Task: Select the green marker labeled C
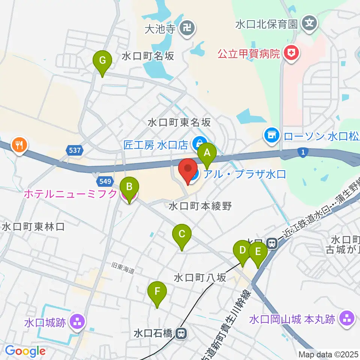pos(182,235)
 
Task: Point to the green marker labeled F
pos(157,291)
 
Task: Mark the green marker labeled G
pos(102,60)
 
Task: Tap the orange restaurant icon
pos(18,144)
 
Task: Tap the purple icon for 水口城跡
pos(78,321)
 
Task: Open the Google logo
pos(25,351)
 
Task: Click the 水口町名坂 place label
pos(148,56)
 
